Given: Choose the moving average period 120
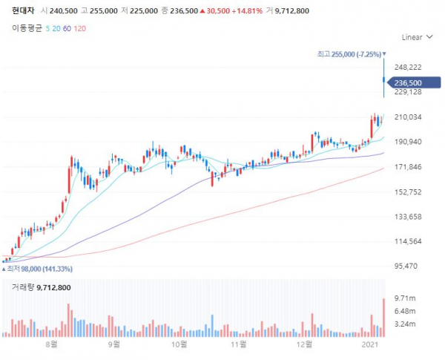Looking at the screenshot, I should coord(82,27).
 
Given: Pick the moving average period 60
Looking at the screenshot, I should coord(67,27).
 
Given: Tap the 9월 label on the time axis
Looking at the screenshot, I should coord(113,346).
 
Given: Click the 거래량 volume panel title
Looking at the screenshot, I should coord(37,287).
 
